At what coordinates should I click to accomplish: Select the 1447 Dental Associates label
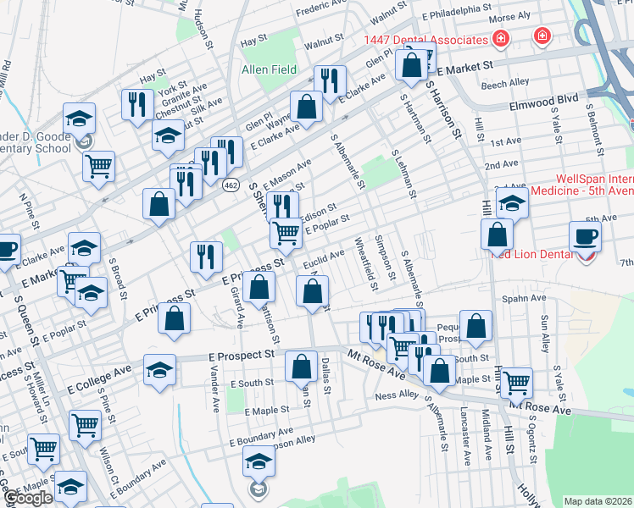425,40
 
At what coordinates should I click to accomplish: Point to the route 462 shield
230,184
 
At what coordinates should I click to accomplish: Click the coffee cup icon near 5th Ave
584,236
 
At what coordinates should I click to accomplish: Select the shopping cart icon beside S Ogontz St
516,383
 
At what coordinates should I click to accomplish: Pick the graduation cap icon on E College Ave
159,370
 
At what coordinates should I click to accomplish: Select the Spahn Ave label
526,298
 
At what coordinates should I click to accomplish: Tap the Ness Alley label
398,394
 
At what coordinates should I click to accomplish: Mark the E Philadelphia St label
456,16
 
